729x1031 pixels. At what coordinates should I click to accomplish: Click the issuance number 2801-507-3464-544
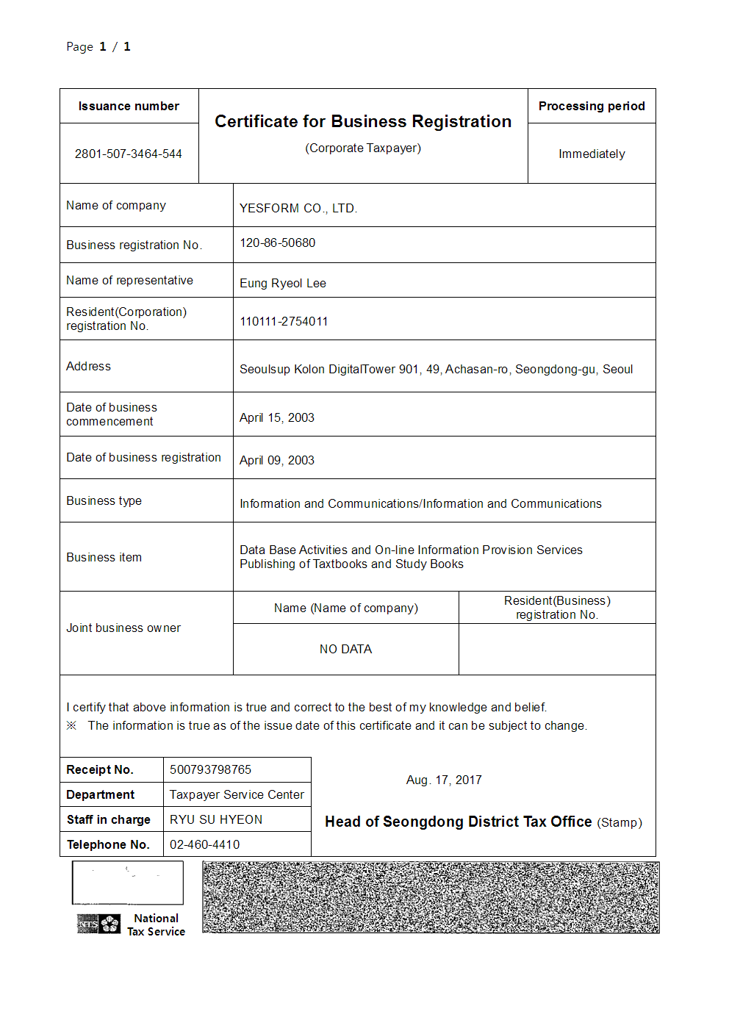click(129, 154)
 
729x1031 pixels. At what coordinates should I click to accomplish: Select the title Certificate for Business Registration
click(363, 121)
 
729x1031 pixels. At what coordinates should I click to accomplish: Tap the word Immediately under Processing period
click(592, 154)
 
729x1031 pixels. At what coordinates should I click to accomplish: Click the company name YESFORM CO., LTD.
click(298, 208)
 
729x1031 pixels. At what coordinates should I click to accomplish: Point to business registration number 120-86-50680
click(278, 243)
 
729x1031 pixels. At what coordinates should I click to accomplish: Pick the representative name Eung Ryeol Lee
click(283, 283)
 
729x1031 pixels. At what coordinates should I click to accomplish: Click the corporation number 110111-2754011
click(284, 321)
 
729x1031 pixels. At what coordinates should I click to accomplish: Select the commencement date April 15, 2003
click(277, 417)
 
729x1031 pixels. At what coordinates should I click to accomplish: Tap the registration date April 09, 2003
click(277, 460)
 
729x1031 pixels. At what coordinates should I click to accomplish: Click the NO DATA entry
click(345, 649)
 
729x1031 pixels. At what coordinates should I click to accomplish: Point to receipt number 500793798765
click(211, 769)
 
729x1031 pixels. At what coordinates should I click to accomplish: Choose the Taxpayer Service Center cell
click(237, 794)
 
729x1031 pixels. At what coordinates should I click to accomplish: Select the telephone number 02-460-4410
click(205, 844)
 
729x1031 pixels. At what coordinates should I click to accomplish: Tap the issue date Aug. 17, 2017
click(444, 780)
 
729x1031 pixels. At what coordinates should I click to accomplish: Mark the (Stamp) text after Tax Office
click(620, 822)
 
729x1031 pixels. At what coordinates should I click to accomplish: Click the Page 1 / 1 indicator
click(98, 46)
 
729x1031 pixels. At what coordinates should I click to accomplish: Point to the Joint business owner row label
click(123, 628)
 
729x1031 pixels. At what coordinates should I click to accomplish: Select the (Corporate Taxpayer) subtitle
click(363, 148)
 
